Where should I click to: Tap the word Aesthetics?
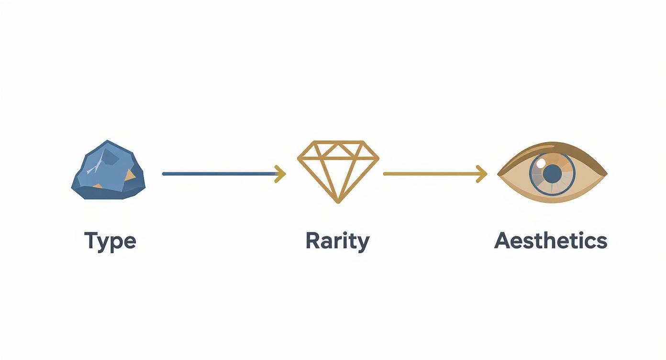[x=551, y=241]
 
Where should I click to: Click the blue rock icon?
[x=109, y=169]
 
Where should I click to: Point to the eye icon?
[x=553, y=172]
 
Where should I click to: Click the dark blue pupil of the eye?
[x=553, y=173]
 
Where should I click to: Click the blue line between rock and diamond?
[x=220, y=174]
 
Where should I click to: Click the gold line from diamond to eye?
[x=431, y=174]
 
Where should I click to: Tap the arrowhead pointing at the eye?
[x=482, y=174]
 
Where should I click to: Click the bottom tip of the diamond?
[x=338, y=202]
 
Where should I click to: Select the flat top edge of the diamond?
[x=338, y=142]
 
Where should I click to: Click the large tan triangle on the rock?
[x=129, y=176]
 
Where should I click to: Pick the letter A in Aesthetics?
[x=503, y=241]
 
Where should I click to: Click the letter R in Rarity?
[x=313, y=241]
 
